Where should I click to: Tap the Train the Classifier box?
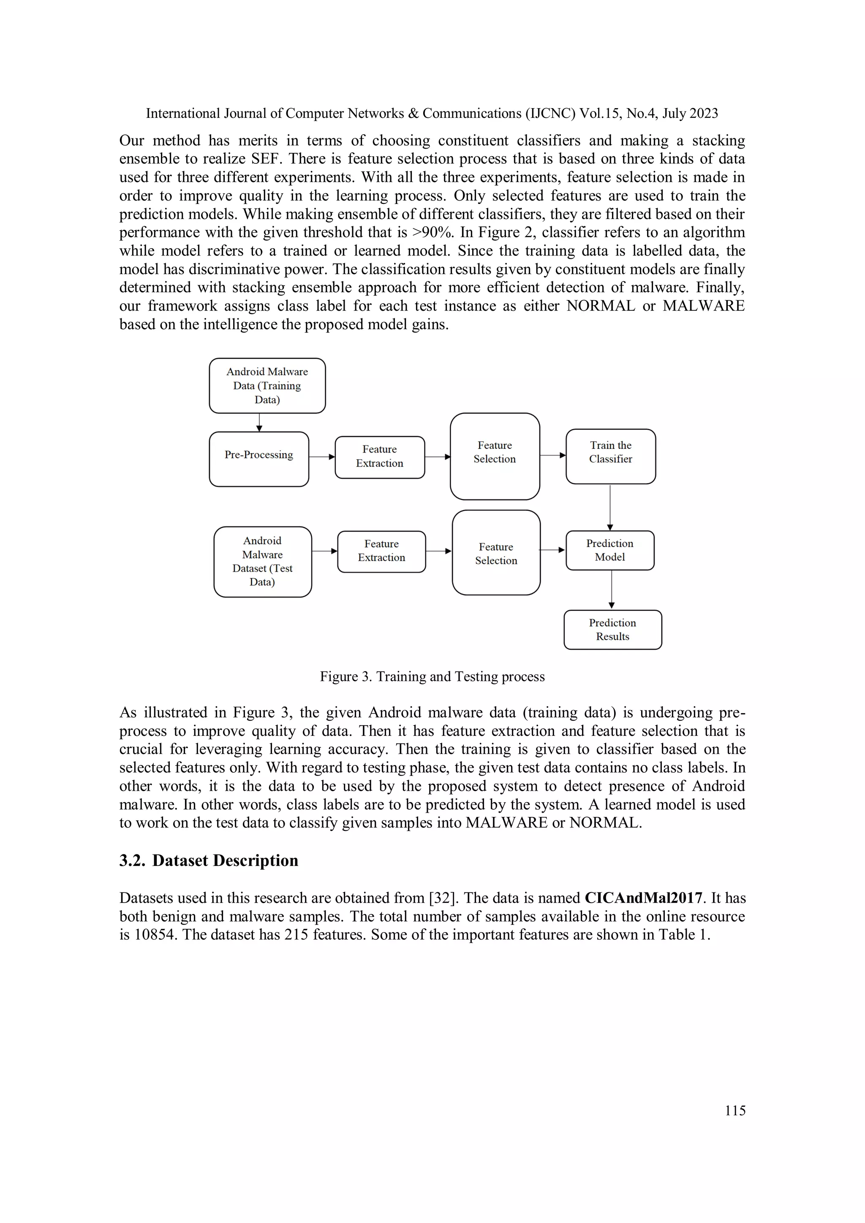pos(610,456)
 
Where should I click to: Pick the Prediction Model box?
pos(610,550)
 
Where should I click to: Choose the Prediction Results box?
pos(612,629)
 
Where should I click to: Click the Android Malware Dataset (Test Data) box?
pos(262,561)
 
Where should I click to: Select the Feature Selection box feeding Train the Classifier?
pos(495,456)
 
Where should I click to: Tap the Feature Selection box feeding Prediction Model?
pos(496,552)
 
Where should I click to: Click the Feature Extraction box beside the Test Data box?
pos(381,551)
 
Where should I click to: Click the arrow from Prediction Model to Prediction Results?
pos(611,589)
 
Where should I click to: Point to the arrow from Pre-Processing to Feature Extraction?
pos(321,456)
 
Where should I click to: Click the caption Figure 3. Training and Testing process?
pos(432,676)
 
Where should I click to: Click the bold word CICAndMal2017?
pos(643,898)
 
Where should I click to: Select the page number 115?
pos(735,1110)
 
